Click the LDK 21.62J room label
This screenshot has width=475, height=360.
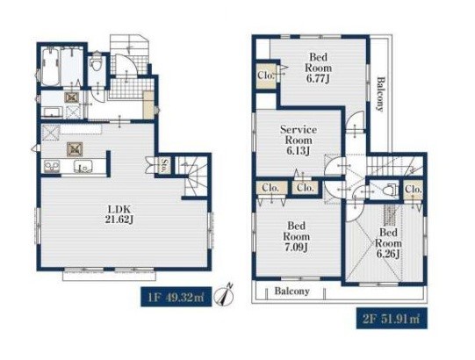[x=119, y=214]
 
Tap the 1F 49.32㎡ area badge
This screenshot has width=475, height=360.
[x=176, y=297]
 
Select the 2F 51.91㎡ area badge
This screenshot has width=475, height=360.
[x=392, y=318]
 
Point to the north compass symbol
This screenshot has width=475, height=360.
[x=224, y=295]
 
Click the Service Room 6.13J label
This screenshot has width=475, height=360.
[x=299, y=140]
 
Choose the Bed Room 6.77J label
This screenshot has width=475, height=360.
[x=318, y=68]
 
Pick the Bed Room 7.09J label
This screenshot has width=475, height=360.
[x=296, y=236]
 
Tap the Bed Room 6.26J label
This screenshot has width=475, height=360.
[x=388, y=243]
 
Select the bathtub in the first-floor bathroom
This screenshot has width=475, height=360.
[x=50, y=67]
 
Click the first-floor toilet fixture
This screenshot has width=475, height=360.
[x=97, y=61]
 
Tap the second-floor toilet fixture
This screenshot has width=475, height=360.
[x=390, y=190]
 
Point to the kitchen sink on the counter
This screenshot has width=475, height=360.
[x=83, y=167]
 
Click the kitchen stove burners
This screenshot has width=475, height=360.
[x=52, y=167]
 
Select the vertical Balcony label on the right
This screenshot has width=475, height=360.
[x=380, y=94]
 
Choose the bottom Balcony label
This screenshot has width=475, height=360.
[x=292, y=291]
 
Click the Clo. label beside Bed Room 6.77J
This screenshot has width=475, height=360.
[x=266, y=75]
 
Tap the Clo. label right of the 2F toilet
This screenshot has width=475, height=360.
[x=414, y=190]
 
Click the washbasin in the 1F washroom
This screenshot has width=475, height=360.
[x=53, y=112]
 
